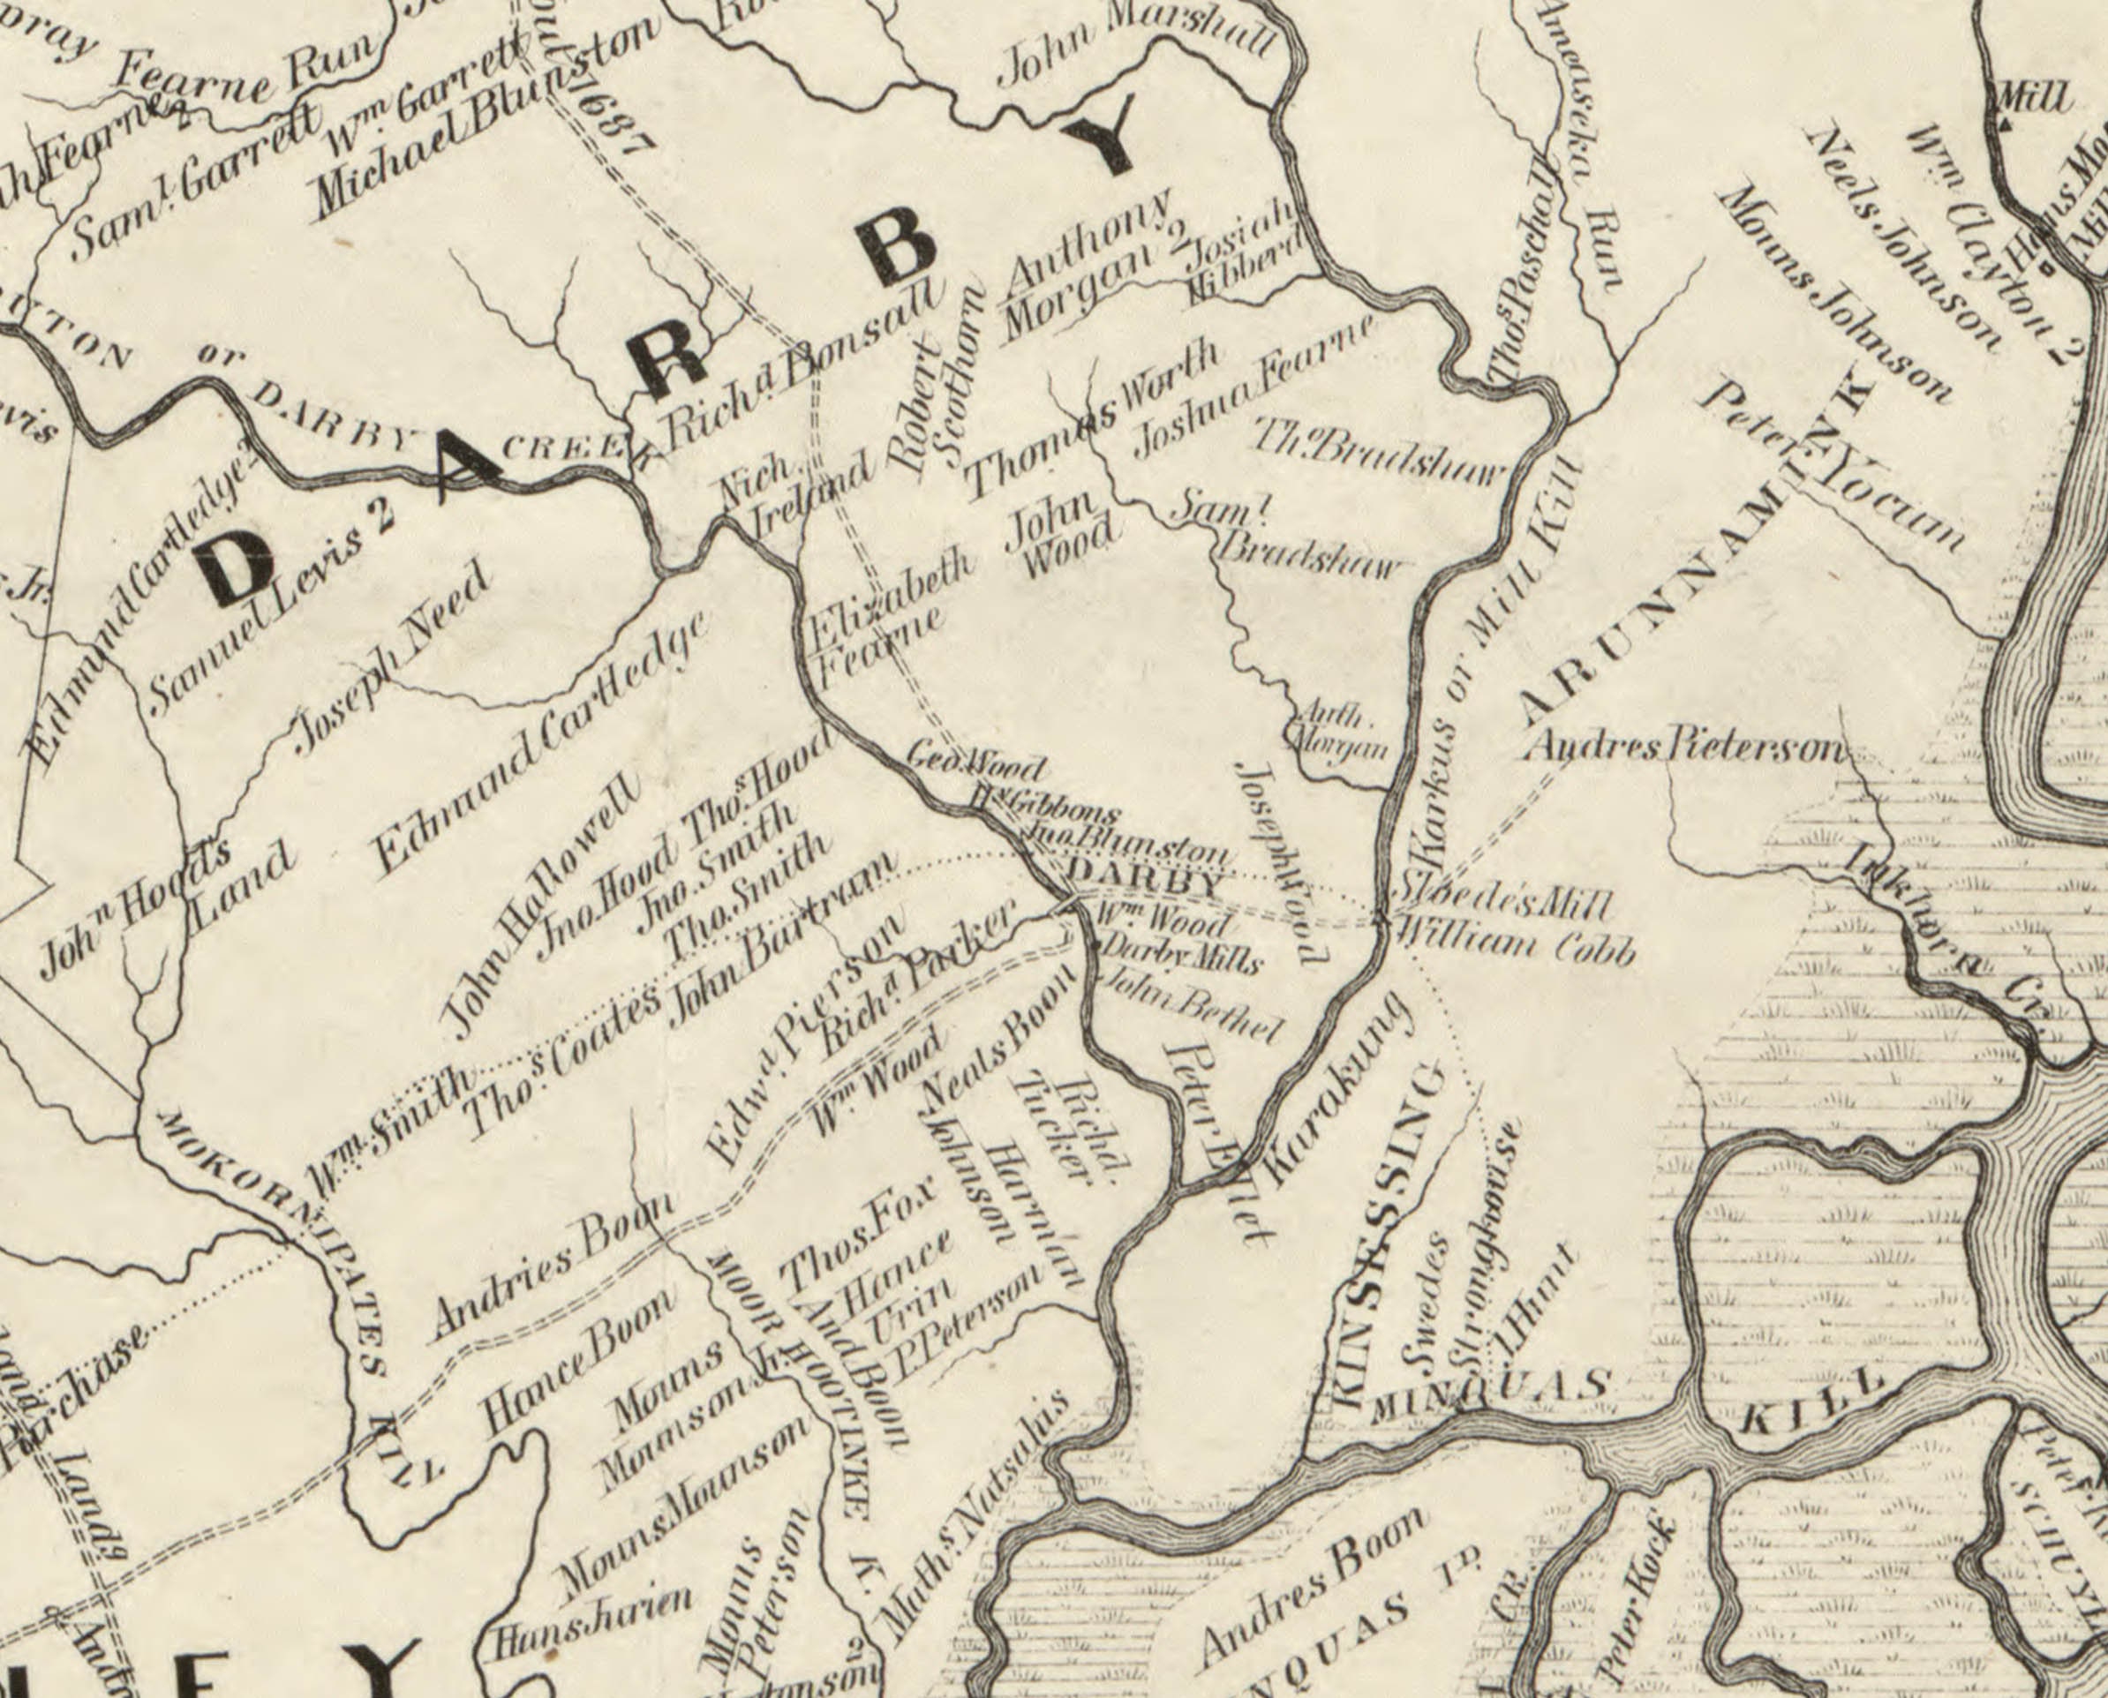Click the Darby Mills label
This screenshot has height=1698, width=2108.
point(1179,955)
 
